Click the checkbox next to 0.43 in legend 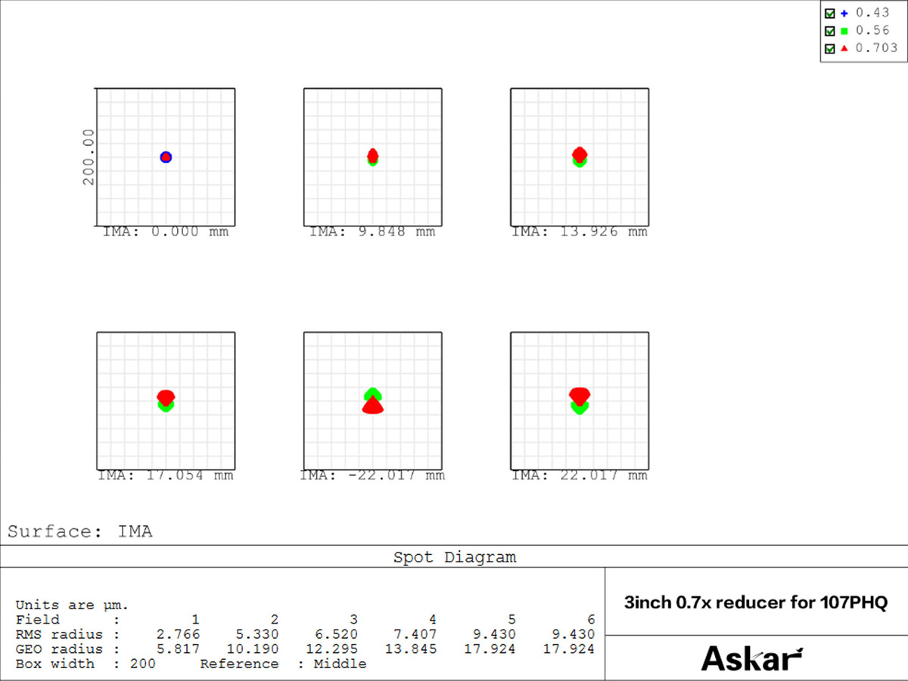830,14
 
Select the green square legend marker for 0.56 844,31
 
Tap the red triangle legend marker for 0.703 844,48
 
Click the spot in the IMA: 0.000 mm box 166,157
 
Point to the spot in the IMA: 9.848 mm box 372,156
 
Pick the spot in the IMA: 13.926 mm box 580,156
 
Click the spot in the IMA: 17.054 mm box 166,400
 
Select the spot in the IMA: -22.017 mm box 372,401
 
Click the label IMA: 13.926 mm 580,232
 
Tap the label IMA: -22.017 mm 372,475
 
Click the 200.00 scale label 89,156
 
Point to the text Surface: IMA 80,531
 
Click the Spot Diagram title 454,558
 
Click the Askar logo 751,658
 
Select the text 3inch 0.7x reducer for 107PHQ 755,603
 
